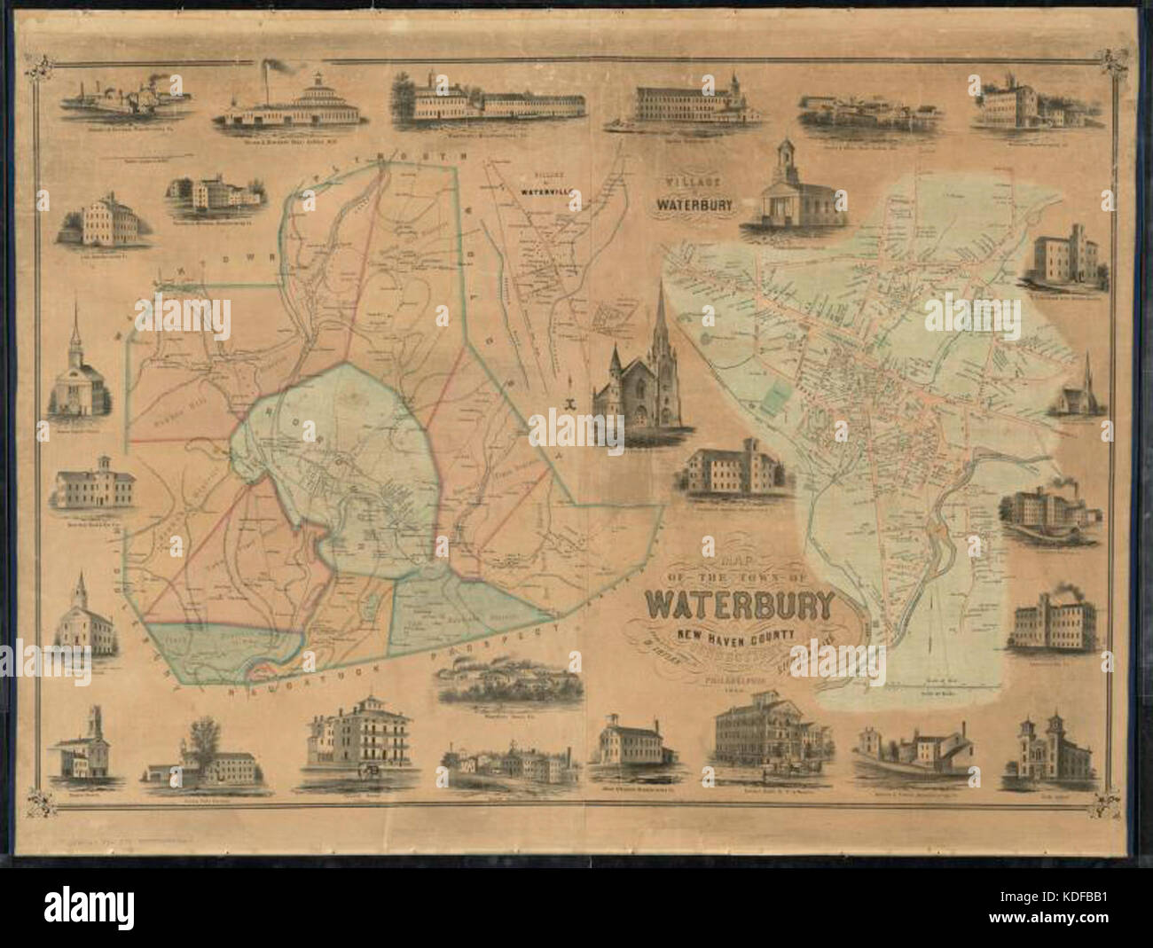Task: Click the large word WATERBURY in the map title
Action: click(741, 603)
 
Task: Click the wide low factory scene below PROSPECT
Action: click(508, 683)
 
